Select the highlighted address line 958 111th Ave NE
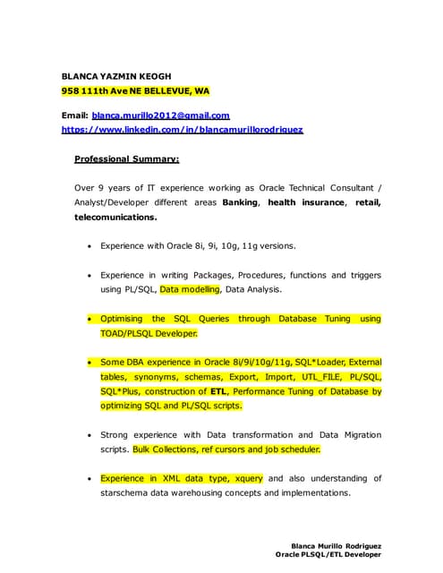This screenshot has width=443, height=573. coord(134,91)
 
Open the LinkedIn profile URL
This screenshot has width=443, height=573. coord(182,130)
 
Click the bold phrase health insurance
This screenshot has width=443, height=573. coord(306,202)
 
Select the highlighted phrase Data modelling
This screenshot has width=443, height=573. coord(189,289)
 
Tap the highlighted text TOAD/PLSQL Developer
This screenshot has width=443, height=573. coord(149,333)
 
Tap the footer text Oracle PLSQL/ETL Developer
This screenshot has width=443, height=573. coord(328,555)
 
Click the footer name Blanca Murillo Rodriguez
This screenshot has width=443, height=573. coord(337,545)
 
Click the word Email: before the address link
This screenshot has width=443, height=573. coord(74,115)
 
